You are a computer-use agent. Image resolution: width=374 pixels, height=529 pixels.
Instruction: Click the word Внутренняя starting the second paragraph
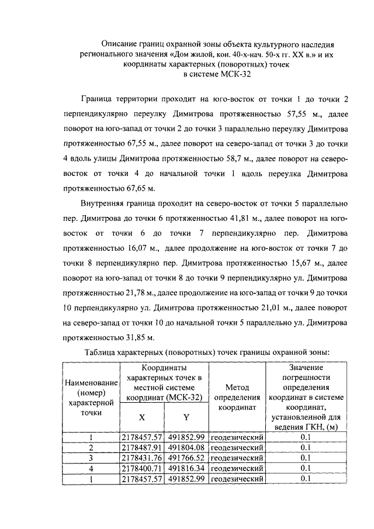coord(103,204)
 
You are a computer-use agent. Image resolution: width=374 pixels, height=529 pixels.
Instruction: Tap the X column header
coord(142,417)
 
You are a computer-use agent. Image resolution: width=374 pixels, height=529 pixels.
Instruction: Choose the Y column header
coord(186,417)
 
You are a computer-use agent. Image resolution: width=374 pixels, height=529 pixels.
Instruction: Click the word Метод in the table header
coord(237,387)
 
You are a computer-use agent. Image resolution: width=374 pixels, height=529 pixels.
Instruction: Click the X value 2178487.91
coord(142,447)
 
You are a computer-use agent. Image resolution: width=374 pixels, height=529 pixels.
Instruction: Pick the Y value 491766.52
coord(186,458)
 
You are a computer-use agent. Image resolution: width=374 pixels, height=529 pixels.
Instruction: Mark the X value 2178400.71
coord(142,468)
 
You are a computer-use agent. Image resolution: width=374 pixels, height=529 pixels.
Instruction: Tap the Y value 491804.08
coord(186,447)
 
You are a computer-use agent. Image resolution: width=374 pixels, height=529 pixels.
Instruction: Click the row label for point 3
coord(91,458)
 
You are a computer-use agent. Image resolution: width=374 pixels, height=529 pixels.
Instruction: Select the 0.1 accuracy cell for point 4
coord(304,468)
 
